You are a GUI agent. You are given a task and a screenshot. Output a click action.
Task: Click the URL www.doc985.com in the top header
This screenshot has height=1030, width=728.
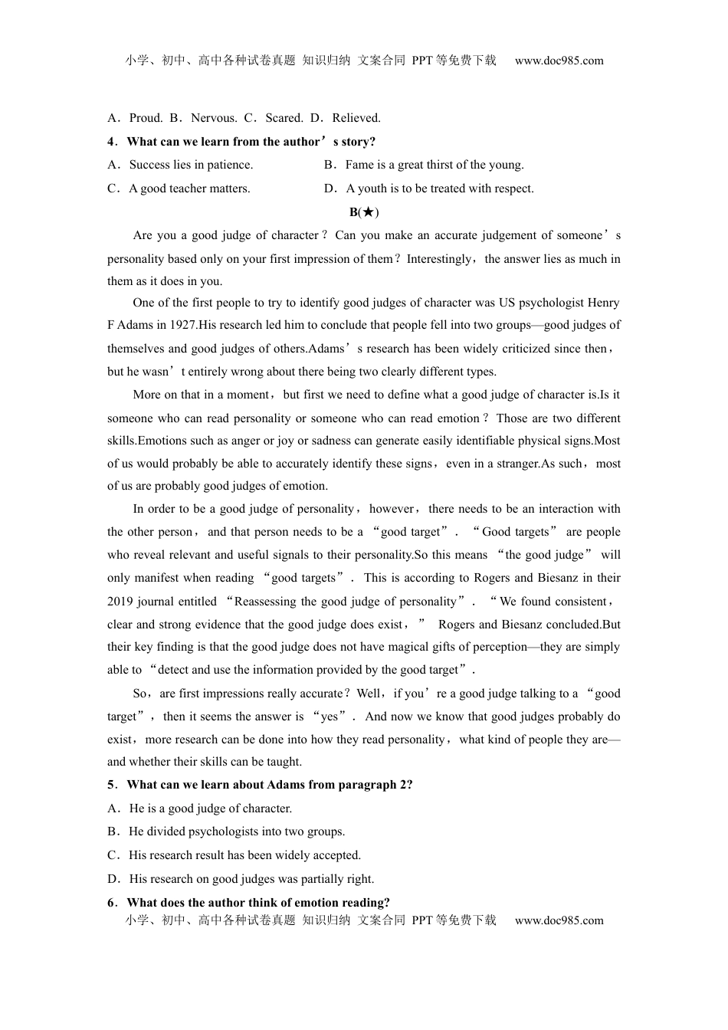(559, 61)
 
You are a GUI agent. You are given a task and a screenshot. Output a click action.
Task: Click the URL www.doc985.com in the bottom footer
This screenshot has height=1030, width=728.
(559, 920)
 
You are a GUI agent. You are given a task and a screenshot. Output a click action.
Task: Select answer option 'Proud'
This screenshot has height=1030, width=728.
(146, 118)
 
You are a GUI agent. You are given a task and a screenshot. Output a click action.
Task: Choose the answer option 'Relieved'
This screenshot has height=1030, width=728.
(356, 118)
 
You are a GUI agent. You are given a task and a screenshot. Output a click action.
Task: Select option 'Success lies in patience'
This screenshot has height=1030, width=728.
(190, 165)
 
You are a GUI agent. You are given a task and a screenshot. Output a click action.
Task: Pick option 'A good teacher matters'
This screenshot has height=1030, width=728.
(189, 189)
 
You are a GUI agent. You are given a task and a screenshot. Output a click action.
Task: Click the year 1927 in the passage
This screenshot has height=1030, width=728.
(182, 325)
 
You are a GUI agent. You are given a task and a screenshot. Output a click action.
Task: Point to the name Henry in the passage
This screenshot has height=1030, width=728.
(602, 303)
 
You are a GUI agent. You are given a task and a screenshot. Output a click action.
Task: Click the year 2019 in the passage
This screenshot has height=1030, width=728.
(120, 602)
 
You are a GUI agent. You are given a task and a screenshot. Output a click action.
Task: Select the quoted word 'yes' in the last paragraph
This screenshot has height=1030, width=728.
(330, 717)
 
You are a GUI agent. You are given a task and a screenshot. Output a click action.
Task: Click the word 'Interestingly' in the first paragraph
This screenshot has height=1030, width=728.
(439, 259)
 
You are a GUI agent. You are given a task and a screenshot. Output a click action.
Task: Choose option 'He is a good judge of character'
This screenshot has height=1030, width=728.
(210, 809)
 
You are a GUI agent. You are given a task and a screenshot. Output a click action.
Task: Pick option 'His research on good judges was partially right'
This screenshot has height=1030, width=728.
(251, 879)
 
